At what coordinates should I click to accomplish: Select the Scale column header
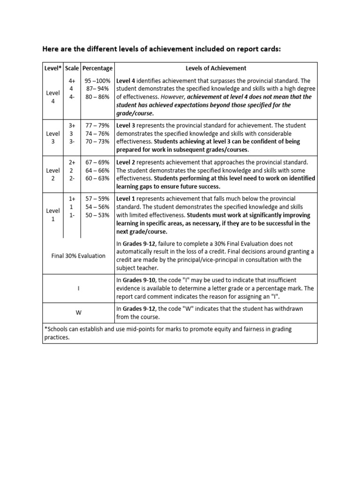pos(72,68)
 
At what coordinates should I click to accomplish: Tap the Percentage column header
pos(97,68)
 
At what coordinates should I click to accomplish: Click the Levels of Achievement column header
pos(216,68)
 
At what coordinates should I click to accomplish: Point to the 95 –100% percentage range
pos(97,81)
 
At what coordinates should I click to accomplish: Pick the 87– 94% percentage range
pos(97,89)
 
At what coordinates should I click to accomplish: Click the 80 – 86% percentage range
pos(97,97)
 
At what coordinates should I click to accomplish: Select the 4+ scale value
pos(72,81)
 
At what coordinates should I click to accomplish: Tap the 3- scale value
pos(72,142)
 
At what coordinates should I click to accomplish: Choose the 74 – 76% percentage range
pos(97,134)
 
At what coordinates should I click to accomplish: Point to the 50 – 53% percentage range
pos(97,215)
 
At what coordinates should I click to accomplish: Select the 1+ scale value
pos(72,199)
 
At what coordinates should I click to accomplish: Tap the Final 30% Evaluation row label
pos(78,256)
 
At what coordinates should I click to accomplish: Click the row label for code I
pos(78,288)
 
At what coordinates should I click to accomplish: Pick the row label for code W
pos(78,313)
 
